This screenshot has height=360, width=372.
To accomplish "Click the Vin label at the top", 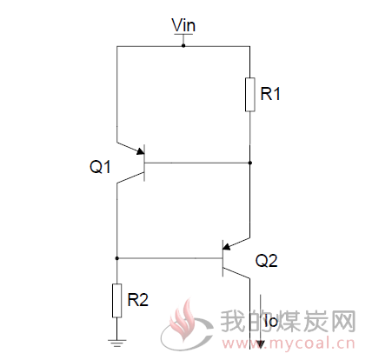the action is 183,25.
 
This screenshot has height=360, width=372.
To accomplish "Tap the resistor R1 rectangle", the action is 250,95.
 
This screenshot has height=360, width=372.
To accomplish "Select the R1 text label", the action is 270,94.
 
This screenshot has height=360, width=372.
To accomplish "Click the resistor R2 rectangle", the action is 116,301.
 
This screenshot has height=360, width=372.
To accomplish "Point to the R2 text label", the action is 138,300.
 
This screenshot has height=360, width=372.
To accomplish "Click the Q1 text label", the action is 100,167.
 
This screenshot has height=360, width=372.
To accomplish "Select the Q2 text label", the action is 266,261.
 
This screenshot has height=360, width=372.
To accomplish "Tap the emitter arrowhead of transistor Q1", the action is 141,150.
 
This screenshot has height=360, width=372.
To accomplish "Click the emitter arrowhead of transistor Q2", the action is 227,247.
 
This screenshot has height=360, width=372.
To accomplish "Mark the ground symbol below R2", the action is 116,343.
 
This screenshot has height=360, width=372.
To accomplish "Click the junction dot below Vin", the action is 183,46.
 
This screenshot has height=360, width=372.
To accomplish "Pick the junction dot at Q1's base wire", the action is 250,163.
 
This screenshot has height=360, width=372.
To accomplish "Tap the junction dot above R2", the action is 116,258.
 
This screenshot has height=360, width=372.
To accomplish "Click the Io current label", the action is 271,321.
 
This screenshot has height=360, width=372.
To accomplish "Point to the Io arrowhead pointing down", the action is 261,344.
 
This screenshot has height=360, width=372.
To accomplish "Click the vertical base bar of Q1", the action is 144,163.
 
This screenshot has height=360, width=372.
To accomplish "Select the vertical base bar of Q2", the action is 223,258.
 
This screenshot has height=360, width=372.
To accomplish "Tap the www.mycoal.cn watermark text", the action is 288,343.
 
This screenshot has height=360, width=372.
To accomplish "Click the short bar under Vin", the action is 183,35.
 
